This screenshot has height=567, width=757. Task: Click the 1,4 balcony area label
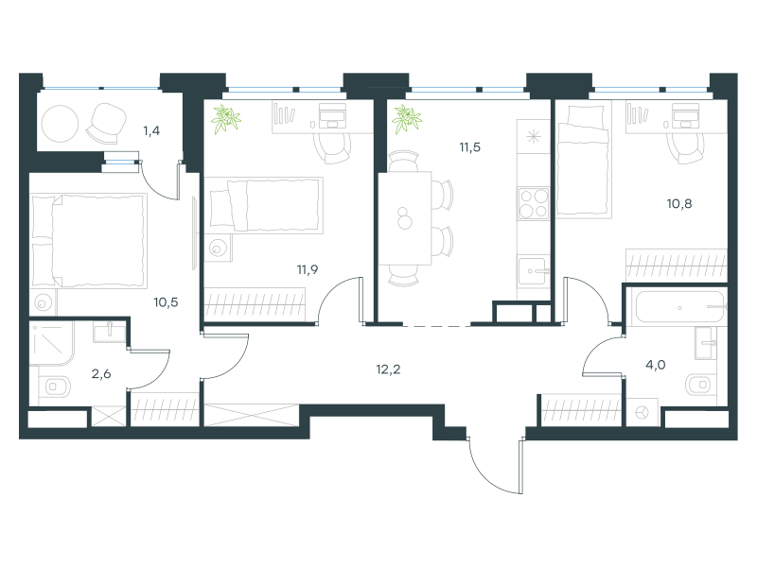(x=151, y=130)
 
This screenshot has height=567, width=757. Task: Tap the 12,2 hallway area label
(x=388, y=369)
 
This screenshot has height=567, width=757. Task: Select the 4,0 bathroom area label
(x=656, y=365)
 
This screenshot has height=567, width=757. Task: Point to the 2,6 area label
(x=101, y=373)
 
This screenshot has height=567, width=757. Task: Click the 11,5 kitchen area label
(x=469, y=147)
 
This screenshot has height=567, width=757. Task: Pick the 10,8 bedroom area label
(x=679, y=204)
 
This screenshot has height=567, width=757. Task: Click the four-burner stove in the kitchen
(x=534, y=203)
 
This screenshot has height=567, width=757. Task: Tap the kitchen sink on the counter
(x=534, y=271)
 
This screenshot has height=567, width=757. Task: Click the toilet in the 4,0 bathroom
(x=700, y=385)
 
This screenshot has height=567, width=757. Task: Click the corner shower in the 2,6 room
(x=52, y=344)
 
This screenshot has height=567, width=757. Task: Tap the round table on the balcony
(x=60, y=124)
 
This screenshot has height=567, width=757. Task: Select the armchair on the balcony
(x=106, y=124)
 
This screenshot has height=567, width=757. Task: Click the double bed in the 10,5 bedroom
(x=89, y=241)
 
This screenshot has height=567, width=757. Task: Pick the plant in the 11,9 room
(x=226, y=119)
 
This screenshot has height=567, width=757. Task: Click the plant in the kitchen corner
(x=407, y=119)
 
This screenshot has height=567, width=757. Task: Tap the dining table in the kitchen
(x=405, y=218)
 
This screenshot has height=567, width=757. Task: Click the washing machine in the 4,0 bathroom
(x=643, y=413)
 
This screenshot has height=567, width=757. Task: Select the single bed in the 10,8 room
(x=583, y=160)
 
